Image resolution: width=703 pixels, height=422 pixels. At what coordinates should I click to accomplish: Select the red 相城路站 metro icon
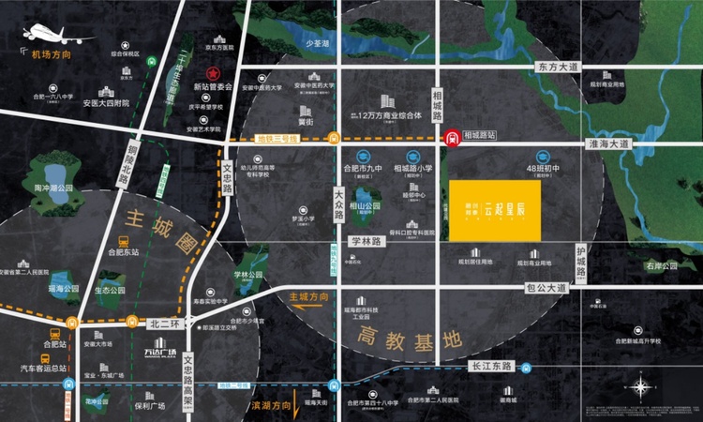tap(452, 137)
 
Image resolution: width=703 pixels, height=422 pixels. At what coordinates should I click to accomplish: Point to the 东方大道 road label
tap(560, 68)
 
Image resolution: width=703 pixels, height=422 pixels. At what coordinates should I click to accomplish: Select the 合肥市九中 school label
tap(353, 169)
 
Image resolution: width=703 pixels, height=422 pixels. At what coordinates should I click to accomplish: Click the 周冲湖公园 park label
tap(53, 188)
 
